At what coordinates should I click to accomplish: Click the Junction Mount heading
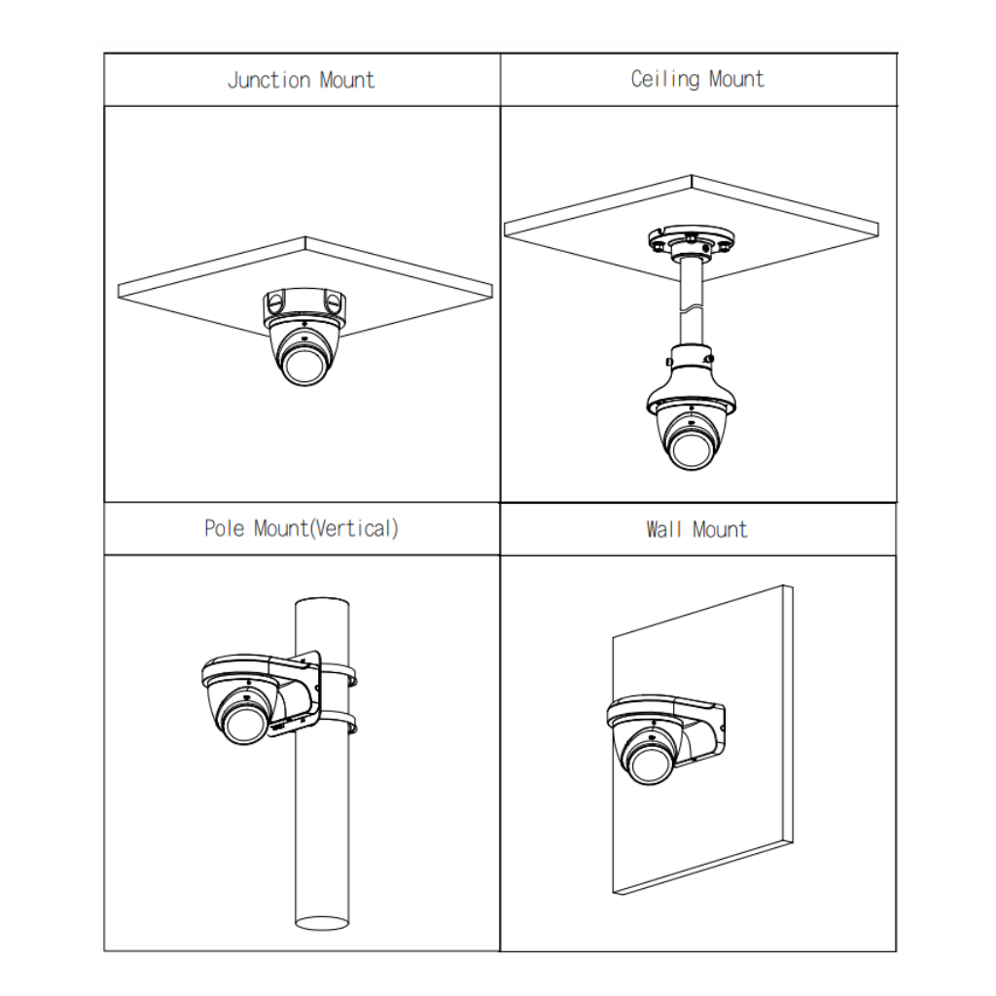pyautogui.click(x=302, y=80)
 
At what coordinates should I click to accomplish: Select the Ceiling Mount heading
pyautogui.click(x=697, y=80)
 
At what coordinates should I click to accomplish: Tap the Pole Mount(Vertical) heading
pyautogui.click(x=302, y=528)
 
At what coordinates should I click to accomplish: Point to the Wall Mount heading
pyautogui.click(x=696, y=529)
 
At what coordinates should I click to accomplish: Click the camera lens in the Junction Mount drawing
pyautogui.click(x=303, y=366)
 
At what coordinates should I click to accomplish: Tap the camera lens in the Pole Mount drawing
pyautogui.click(x=243, y=724)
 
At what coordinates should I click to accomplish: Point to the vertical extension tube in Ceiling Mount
pyautogui.click(x=692, y=301)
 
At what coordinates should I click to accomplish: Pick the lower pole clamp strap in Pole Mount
pyautogui.click(x=339, y=723)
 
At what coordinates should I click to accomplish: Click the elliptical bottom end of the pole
pyautogui.click(x=322, y=922)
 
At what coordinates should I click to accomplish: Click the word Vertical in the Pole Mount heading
pyautogui.click(x=355, y=528)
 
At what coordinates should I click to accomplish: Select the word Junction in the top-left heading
pyautogui.click(x=269, y=80)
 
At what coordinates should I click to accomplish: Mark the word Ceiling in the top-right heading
pyautogui.click(x=664, y=80)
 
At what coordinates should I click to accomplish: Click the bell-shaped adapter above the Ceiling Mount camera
pyautogui.click(x=692, y=381)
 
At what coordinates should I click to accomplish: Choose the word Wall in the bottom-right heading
pyautogui.click(x=663, y=529)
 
